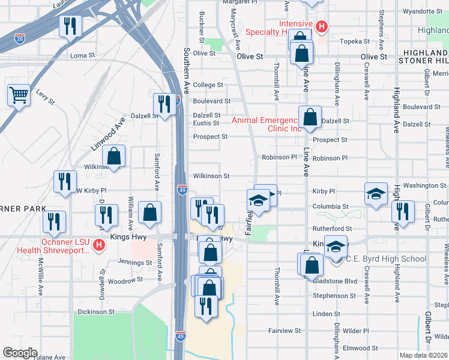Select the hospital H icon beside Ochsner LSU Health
click(x=100, y=245)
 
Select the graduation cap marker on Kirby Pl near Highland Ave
click(x=376, y=193)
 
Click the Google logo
click(x=20, y=353)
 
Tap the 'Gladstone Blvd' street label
click(x=335, y=281)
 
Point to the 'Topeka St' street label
click(x=355, y=41)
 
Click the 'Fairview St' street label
click(x=285, y=331)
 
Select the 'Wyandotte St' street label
click(x=423, y=11)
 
